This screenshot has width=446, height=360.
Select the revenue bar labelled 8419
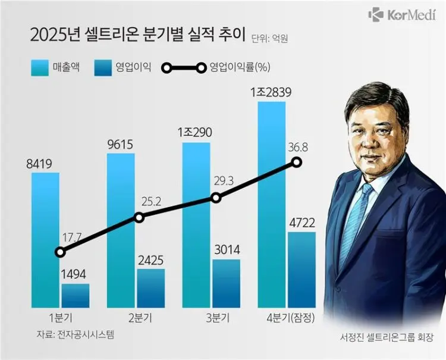(45, 238)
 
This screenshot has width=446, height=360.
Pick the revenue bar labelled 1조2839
(271, 202)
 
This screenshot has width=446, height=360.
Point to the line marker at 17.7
(59, 252)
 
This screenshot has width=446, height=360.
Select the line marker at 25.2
(139, 218)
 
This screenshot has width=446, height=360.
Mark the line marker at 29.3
(216, 198)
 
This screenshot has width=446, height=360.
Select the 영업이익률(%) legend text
(241, 67)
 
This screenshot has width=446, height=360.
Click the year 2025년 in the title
(55, 35)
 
